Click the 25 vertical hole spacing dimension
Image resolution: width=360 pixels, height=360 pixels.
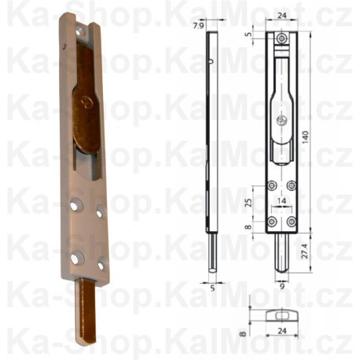point(249,204)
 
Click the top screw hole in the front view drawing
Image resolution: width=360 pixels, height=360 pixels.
point(281,38)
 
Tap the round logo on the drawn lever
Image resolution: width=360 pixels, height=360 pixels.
point(281,120)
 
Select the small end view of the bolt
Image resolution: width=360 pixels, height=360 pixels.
point(281,314)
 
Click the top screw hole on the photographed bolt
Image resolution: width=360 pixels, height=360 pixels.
point(82,31)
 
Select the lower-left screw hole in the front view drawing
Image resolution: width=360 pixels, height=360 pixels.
point(271,222)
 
